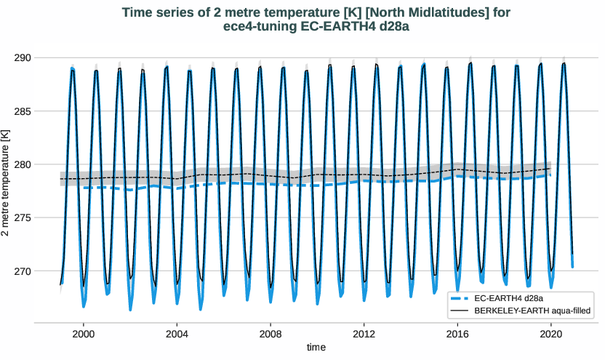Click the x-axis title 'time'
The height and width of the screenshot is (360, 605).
point(316,348)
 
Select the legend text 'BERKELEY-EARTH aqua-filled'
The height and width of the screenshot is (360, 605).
point(531,311)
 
